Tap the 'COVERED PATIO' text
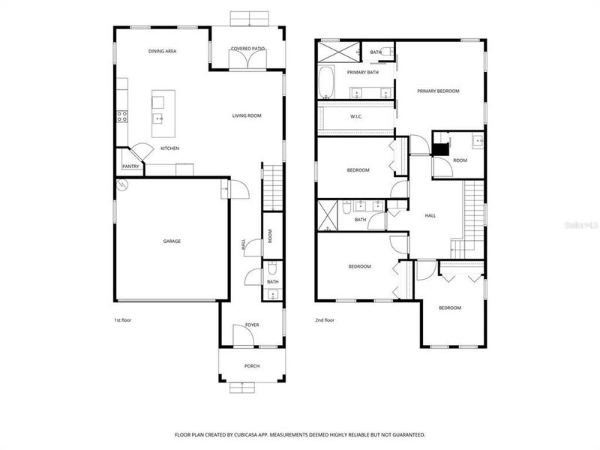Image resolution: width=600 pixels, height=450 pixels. [247, 49]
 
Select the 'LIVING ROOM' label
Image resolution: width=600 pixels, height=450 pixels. [246, 115]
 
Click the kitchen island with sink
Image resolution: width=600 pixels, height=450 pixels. [158, 115]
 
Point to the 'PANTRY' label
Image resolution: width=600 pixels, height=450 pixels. [130, 166]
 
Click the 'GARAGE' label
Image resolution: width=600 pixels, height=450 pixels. [172, 241]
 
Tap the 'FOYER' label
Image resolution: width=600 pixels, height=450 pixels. [252, 325]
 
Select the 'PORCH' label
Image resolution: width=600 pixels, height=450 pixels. [252, 366]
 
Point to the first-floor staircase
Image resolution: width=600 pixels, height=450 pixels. [272, 187]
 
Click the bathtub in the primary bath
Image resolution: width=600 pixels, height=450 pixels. [326, 83]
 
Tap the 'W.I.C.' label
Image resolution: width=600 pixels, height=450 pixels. [356, 116]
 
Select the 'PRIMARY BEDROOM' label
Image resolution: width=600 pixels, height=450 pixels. [438, 91]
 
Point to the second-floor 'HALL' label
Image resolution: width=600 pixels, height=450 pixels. [430, 215]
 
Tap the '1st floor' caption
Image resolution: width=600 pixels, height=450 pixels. [123, 320]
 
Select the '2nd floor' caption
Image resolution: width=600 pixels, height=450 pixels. [325, 320]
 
